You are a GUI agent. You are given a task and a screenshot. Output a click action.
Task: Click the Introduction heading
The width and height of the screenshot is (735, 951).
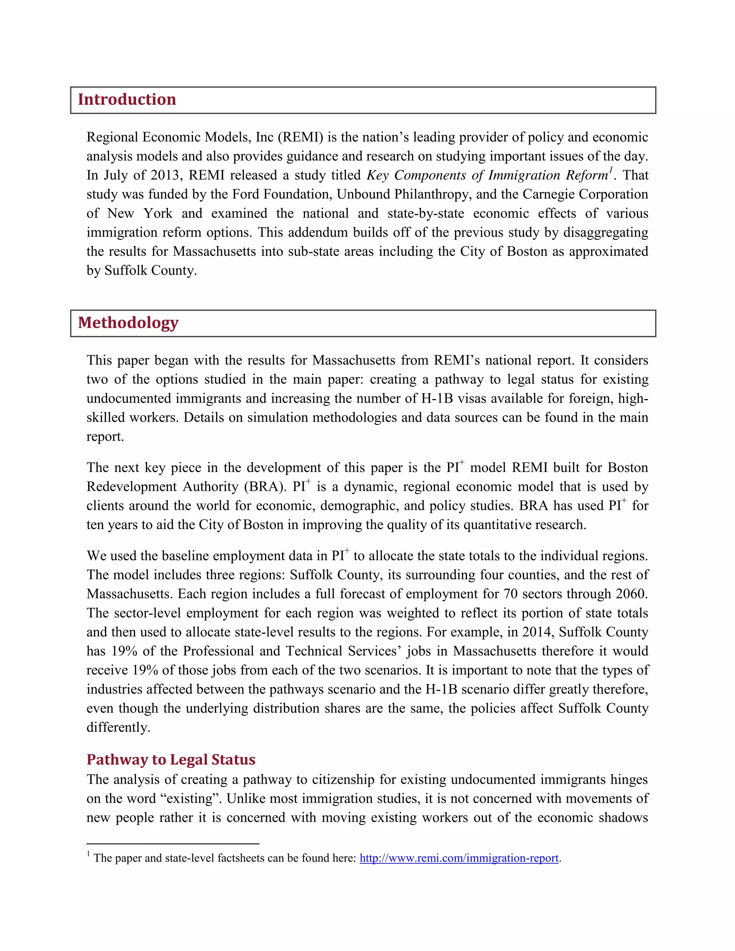127,100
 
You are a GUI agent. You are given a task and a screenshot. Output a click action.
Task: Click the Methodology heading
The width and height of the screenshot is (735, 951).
128,323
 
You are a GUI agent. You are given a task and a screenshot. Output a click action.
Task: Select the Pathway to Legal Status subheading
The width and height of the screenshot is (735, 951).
171,759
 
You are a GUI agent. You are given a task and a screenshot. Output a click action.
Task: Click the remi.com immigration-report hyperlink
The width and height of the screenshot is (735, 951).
459,858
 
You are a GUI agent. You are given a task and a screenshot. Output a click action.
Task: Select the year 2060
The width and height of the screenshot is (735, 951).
631,594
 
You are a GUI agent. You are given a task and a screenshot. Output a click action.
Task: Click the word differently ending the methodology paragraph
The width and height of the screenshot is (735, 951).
118,727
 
